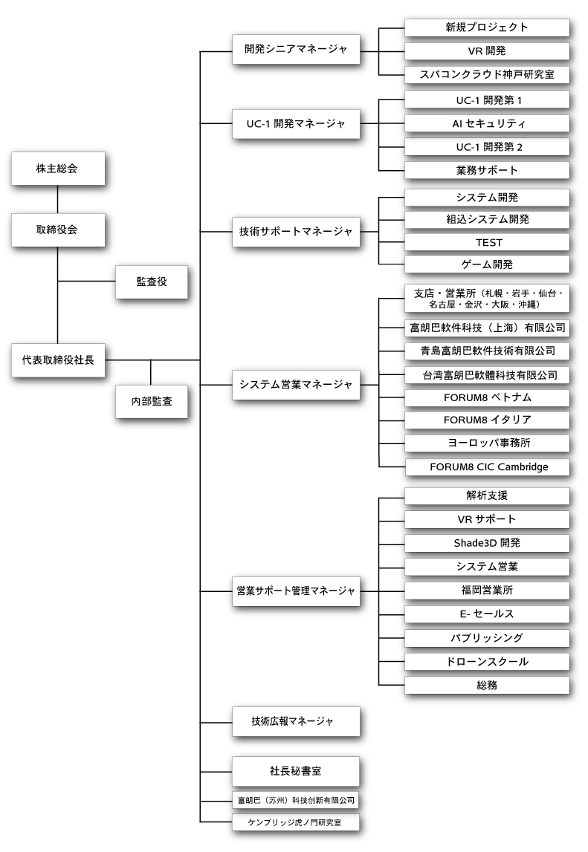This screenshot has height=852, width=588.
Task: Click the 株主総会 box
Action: [57, 169]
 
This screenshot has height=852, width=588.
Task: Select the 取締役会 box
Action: [57, 230]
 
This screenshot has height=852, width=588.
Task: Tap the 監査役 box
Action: [151, 282]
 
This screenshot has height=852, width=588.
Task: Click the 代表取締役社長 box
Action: [57, 360]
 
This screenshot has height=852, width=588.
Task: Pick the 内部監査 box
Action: [151, 401]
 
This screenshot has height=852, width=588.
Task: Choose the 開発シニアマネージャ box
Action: [296, 51]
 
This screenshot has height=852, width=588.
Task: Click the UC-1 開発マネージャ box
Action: [296, 123]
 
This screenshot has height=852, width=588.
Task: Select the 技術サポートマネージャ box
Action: [296, 231]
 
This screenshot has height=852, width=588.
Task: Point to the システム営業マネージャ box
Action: [296, 384]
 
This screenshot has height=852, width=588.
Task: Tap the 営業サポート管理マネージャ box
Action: [296, 591]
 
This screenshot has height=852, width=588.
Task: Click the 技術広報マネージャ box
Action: [296, 721]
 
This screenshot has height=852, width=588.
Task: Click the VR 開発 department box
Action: [487, 51]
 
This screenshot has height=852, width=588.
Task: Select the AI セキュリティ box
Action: [487, 123]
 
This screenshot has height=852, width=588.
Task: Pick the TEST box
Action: [487, 242]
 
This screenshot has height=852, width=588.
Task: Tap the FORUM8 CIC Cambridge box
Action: [487, 467]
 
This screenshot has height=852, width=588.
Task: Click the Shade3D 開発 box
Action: [487, 542]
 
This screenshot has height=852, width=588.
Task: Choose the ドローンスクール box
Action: [487, 661]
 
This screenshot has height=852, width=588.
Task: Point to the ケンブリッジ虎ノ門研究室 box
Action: [296, 822]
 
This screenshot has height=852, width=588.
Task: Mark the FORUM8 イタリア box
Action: [487, 420]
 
